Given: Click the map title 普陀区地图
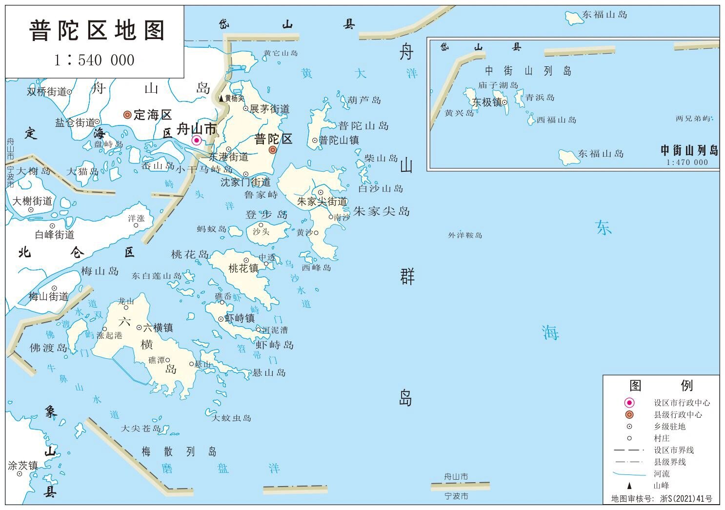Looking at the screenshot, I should point(97,31).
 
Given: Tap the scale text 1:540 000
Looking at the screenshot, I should point(94,60).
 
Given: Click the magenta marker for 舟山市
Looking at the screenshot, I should point(197,141).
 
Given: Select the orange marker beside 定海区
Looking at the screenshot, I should point(127,115).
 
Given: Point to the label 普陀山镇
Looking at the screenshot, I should point(339,141).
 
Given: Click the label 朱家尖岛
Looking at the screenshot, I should point(382,211).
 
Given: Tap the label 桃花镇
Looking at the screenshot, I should point(243,268).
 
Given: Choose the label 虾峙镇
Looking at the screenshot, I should point(239,318).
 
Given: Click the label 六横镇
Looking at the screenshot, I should point(158,327).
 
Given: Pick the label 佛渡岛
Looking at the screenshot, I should point(48,347).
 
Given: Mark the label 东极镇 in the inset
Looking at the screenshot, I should point(486,102).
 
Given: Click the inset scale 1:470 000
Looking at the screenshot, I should point(687,163).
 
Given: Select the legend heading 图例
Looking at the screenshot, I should point(661,386).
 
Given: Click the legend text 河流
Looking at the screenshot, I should point(662,474).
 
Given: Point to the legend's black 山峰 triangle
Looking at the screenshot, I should point(629,486).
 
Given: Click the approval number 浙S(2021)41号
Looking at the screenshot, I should point(685,499).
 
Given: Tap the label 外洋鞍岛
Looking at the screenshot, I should point(465,235).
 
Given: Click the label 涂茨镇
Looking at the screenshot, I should point(22,466).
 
